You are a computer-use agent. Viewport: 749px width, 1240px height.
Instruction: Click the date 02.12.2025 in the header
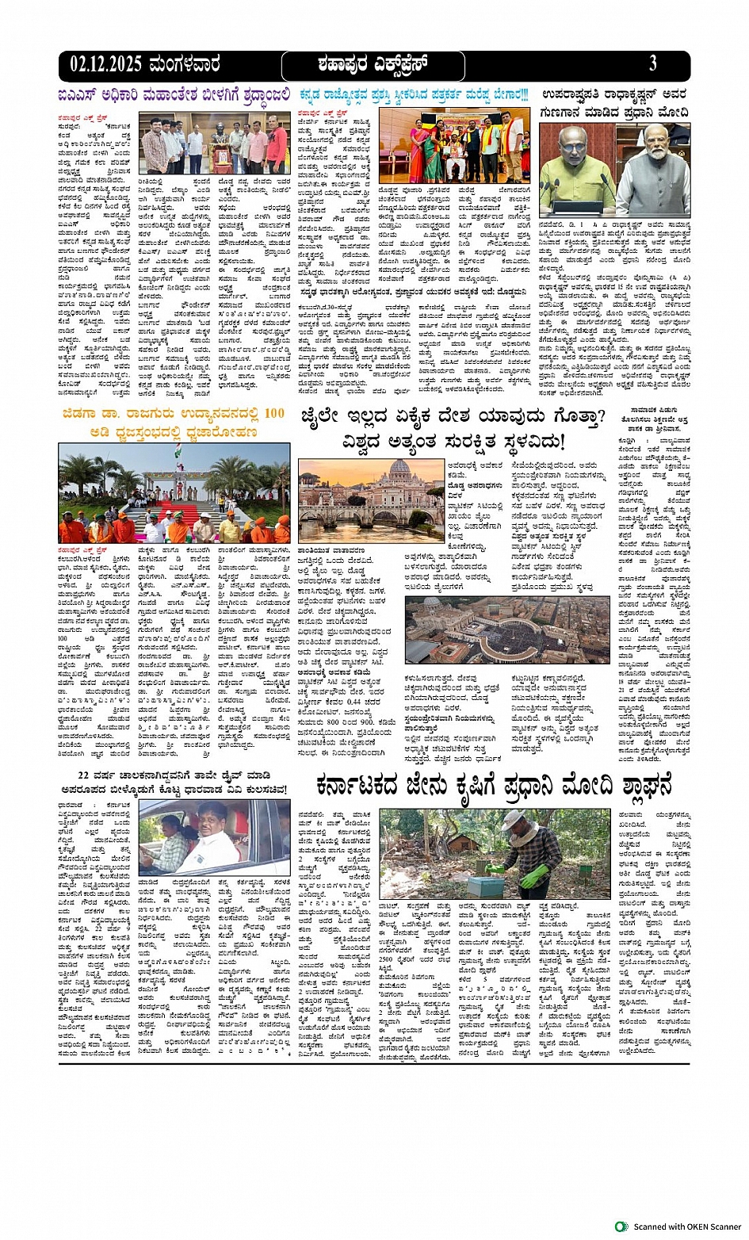[106, 64]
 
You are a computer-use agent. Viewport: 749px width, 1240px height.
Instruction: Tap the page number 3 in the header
[652, 63]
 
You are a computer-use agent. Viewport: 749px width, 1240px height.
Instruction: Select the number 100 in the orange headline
[273, 413]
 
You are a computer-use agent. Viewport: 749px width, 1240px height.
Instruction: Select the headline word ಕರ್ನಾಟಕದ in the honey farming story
[370, 786]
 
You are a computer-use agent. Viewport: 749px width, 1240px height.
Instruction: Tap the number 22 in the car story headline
[86, 775]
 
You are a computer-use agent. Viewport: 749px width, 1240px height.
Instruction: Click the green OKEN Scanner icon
[622, 1227]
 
